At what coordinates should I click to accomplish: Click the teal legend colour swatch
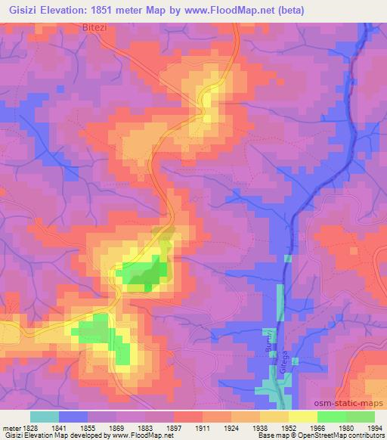(45, 416)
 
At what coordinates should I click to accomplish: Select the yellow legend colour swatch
(302, 416)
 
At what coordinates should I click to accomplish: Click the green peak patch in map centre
(144, 274)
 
